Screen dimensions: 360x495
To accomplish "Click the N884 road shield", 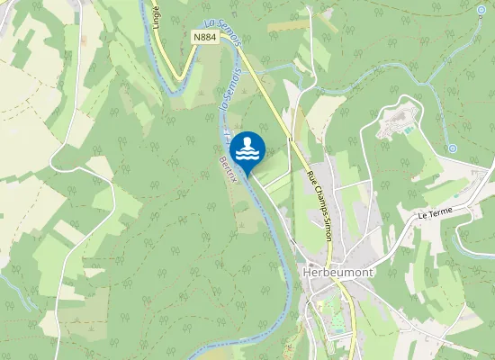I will (203, 37).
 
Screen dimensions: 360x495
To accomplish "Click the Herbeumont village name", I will (333, 273).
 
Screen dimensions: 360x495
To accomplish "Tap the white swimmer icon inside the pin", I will (247, 147).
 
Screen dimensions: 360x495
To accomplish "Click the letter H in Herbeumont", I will (308, 273).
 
